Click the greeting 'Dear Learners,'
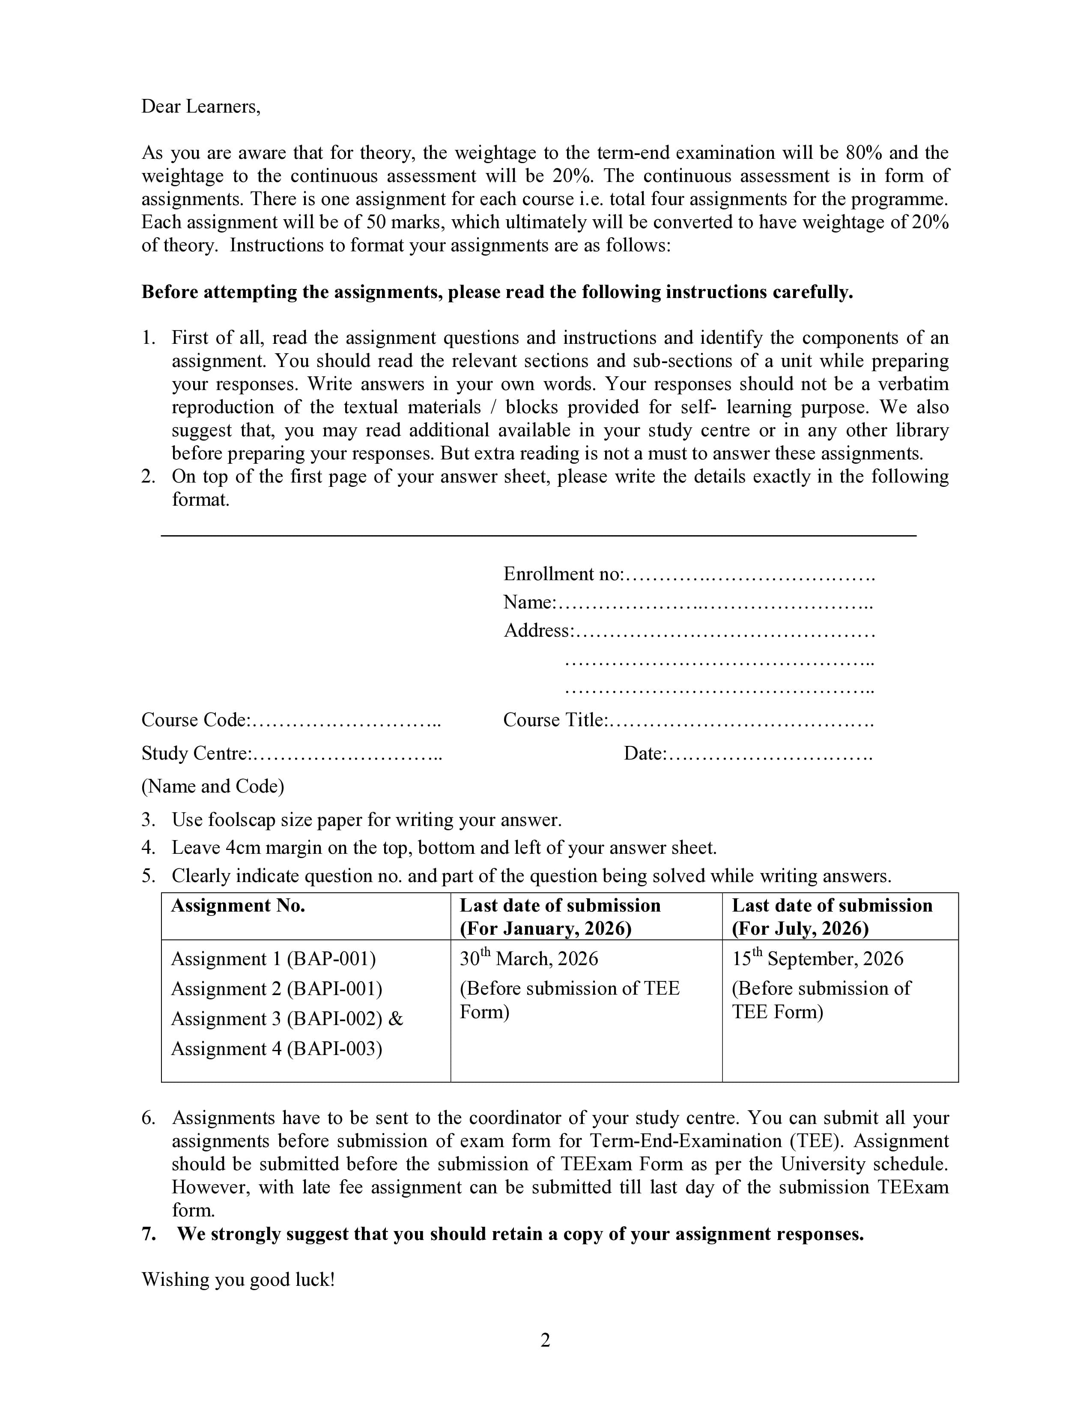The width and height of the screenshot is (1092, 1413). [x=200, y=106]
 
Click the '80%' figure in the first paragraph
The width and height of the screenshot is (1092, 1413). [x=864, y=153]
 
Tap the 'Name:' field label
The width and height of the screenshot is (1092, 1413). [x=530, y=602]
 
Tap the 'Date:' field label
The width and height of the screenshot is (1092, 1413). [x=644, y=754]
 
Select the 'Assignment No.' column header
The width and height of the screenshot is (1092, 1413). [x=237, y=905]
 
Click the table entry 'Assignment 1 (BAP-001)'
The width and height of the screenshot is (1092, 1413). [x=273, y=959]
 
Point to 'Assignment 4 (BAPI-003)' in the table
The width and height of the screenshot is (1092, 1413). [x=276, y=1049]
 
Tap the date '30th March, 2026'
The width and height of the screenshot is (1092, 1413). [x=528, y=959]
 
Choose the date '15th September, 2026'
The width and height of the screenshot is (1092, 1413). [x=817, y=959]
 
